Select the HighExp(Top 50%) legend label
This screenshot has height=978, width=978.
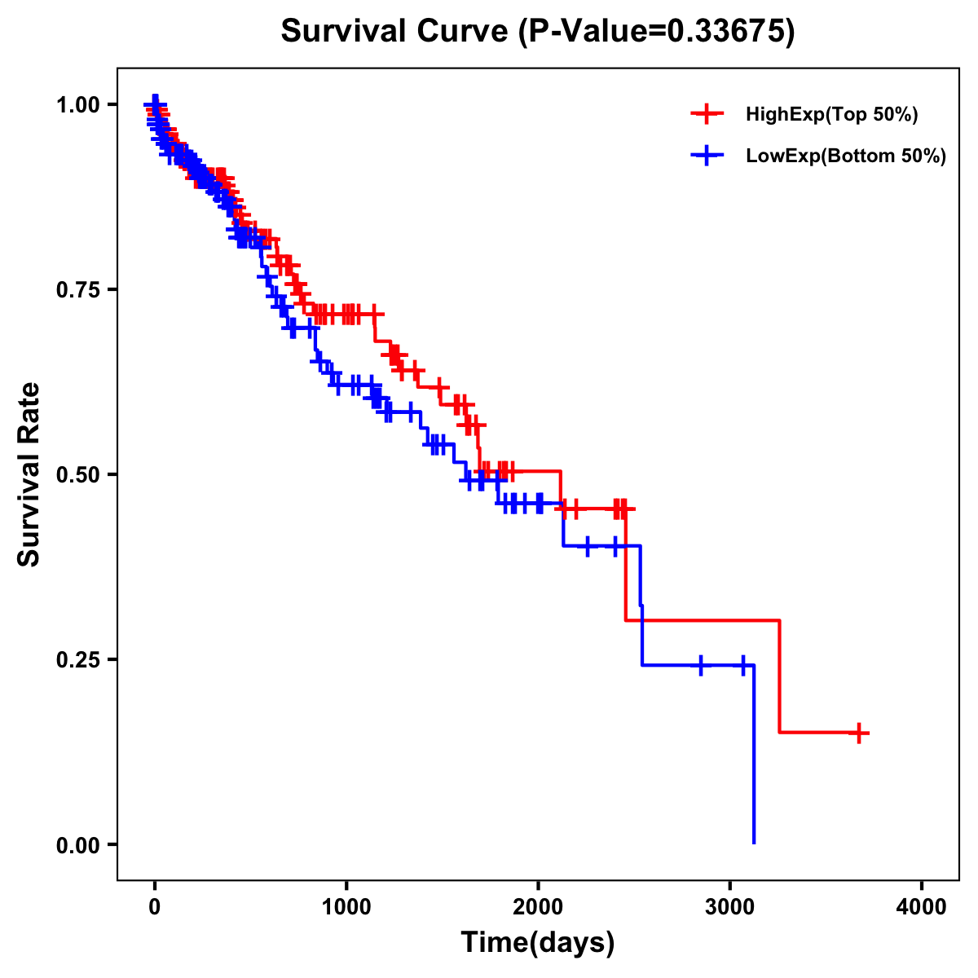pyautogui.click(x=832, y=115)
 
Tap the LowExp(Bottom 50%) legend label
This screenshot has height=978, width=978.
pyautogui.click(x=846, y=156)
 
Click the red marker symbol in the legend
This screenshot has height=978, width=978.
pyautogui.click(x=707, y=115)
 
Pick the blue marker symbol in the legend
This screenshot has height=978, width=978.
pyautogui.click(x=707, y=156)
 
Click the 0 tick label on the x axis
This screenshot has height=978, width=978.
pyautogui.click(x=154, y=907)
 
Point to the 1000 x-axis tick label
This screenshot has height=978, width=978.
pyautogui.click(x=346, y=907)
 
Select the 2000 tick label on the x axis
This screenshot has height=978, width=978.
pyautogui.click(x=538, y=907)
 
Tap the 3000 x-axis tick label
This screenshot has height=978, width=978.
pyautogui.click(x=730, y=907)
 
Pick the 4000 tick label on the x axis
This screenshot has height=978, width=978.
pyautogui.click(x=922, y=907)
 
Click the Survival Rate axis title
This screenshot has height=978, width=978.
pyautogui.click(x=29, y=474)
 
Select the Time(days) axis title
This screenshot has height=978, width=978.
pyautogui.click(x=538, y=943)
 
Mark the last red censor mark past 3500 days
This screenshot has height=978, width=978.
pyautogui.click(x=858, y=733)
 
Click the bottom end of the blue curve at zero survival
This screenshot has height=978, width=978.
pyautogui.click(x=754, y=843)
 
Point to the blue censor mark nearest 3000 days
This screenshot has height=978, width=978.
pyautogui.click(x=743, y=665)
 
